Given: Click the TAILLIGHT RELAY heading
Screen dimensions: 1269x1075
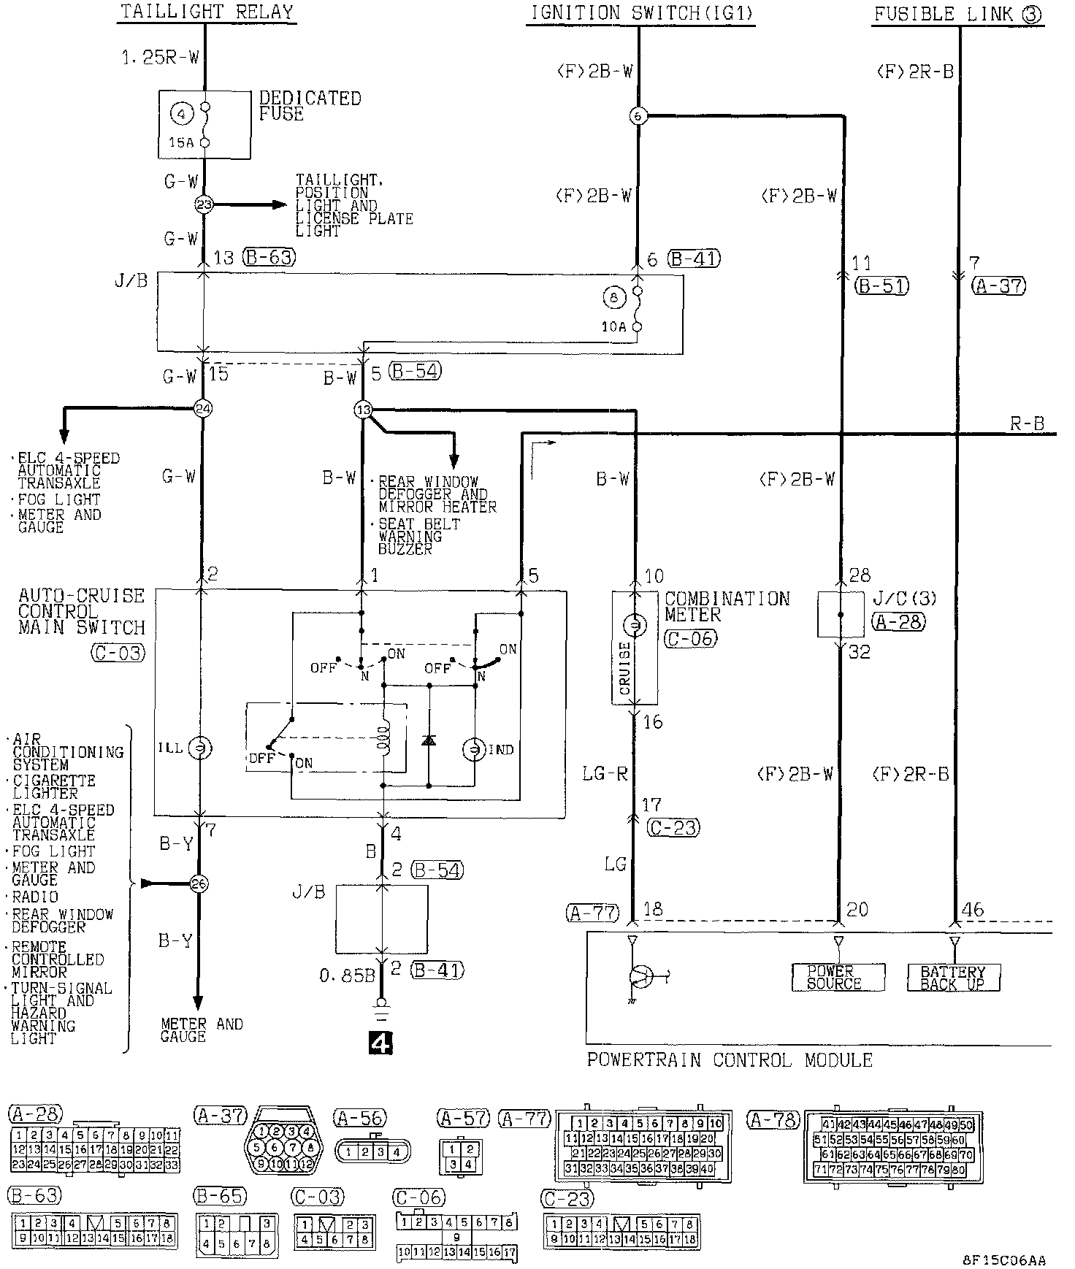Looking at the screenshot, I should [x=207, y=12].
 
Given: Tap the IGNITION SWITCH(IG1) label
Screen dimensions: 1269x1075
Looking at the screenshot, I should [x=640, y=12].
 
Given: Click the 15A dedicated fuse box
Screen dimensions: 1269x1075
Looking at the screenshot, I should [x=204, y=124].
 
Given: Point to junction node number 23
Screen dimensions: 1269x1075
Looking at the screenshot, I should [x=204, y=205].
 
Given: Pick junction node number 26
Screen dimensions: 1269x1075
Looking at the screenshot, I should [x=199, y=884].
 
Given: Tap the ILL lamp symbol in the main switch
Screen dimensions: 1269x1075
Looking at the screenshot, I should [x=199, y=748].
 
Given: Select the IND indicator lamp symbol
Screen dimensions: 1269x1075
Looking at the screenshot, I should [x=475, y=750].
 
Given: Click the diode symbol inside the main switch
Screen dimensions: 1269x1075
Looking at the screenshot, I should [x=429, y=740].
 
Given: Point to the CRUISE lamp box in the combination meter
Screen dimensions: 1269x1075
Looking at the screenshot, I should [x=635, y=648].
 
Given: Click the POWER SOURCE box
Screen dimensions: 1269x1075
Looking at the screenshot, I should [x=838, y=977].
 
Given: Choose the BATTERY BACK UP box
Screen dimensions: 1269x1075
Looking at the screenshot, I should [x=953, y=977].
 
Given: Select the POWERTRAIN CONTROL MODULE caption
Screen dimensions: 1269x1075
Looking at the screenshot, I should [x=730, y=1059].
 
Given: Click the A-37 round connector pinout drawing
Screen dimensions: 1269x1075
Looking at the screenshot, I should [x=282, y=1149].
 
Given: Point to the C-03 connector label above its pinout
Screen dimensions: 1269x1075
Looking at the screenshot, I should [x=318, y=1197].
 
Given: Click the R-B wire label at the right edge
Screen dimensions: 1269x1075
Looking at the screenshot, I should [x=1028, y=423].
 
